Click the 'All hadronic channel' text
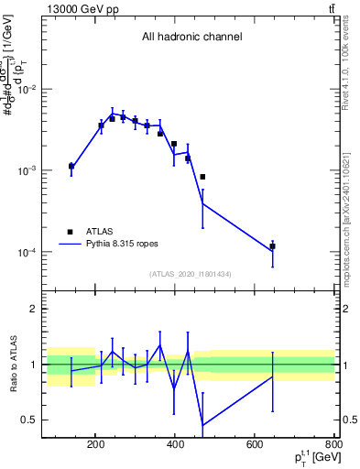coord(191,38)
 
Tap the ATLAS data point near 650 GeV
coord(272,246)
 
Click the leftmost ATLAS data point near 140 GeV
coord(71,167)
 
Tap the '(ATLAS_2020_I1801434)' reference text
coord(191,274)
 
